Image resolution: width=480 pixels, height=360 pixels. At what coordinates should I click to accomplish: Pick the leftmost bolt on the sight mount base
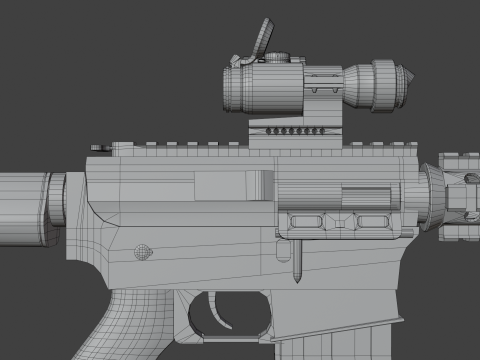coord(271,131)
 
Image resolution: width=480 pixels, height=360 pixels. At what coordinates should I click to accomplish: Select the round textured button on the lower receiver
coord(142,250)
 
